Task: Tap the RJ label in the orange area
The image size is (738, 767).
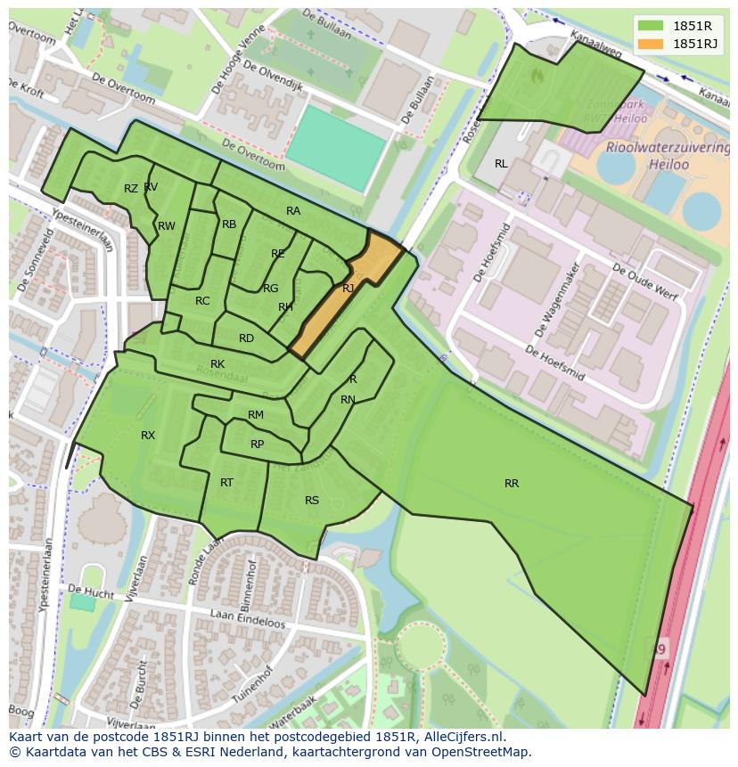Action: pyautogui.click(x=348, y=289)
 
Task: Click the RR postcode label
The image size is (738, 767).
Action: pyautogui.click(x=512, y=484)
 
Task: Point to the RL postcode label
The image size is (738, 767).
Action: pyautogui.click(x=501, y=164)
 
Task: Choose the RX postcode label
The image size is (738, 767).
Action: pyautogui.click(x=148, y=436)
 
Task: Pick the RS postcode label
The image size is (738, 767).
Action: pyautogui.click(x=312, y=501)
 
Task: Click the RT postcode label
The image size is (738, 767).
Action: pyautogui.click(x=226, y=483)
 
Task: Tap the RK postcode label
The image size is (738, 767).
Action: pyautogui.click(x=217, y=364)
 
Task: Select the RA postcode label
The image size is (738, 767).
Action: pyautogui.click(x=293, y=211)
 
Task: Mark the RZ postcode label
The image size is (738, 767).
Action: pyautogui.click(x=131, y=189)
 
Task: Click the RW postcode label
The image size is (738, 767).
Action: pyautogui.click(x=167, y=226)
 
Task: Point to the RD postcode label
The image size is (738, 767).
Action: pyautogui.click(x=246, y=339)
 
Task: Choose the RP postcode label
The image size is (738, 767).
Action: pyautogui.click(x=257, y=445)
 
